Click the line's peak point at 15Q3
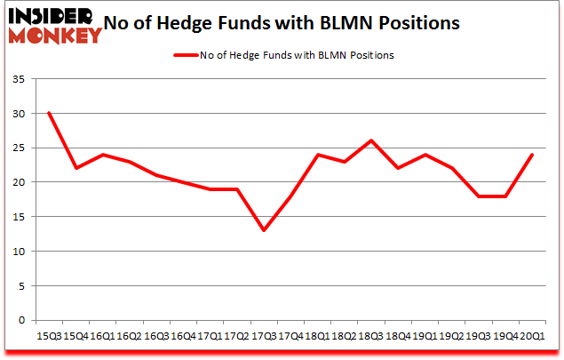coord(49,113)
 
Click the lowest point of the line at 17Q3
coord(264,230)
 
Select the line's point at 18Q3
coord(371,140)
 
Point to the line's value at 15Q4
coord(75,168)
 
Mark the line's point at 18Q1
coord(317,155)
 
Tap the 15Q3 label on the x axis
coord(49,336)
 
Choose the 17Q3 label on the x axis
coord(264,336)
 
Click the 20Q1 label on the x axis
coord(533,336)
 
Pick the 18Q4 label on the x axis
coord(398,336)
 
